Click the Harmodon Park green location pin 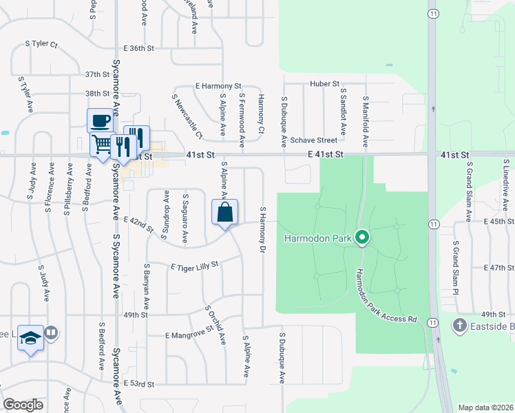362,238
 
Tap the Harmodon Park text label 318,239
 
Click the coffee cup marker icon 100,120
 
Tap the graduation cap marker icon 30,337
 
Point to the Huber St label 325,84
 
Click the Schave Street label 313,140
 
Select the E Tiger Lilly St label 193,264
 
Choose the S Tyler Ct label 41,43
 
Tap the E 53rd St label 139,382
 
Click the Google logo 23,405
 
